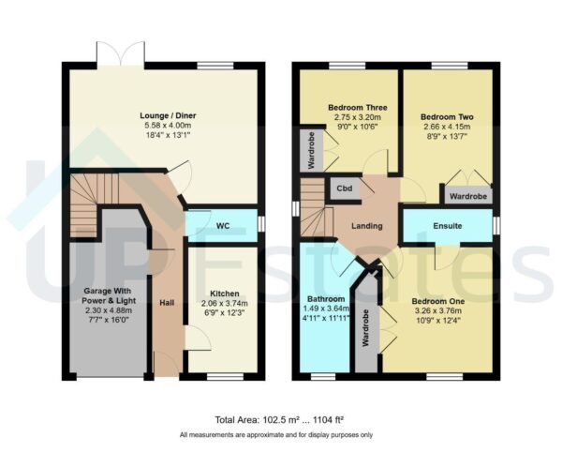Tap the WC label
[x=223, y=226]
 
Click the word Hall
[x=167, y=303]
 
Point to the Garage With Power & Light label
[x=103, y=297]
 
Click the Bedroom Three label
[x=352, y=108]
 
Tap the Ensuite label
[x=447, y=226]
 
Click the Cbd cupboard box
[x=341, y=188]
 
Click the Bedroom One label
[x=435, y=301]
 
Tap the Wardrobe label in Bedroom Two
[x=467, y=197]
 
